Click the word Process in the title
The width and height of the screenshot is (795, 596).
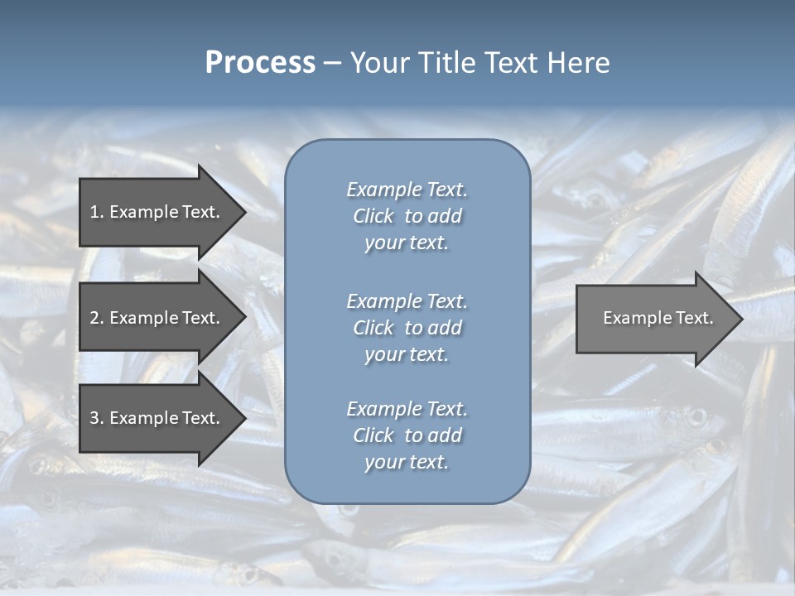point(260,63)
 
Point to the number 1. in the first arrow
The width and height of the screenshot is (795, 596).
point(97,212)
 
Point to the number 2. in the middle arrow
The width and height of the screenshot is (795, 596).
point(97,318)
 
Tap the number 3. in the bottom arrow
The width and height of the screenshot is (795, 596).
point(97,418)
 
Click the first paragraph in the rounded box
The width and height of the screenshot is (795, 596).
point(407,216)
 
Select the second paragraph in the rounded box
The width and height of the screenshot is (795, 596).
point(407,328)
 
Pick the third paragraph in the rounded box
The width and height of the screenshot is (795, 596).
point(407,435)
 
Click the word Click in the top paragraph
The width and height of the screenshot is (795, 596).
point(373,216)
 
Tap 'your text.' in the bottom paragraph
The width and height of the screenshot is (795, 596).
point(407,462)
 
